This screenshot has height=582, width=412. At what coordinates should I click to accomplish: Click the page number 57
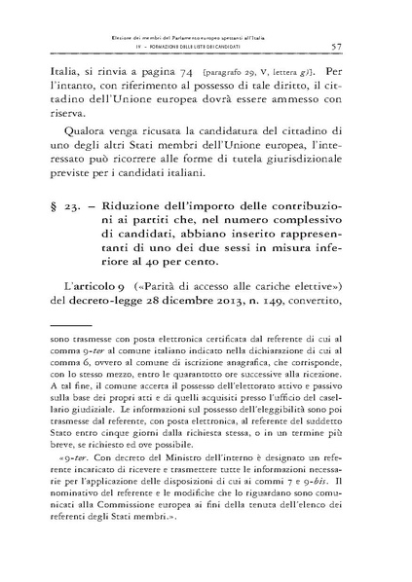[361, 45]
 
